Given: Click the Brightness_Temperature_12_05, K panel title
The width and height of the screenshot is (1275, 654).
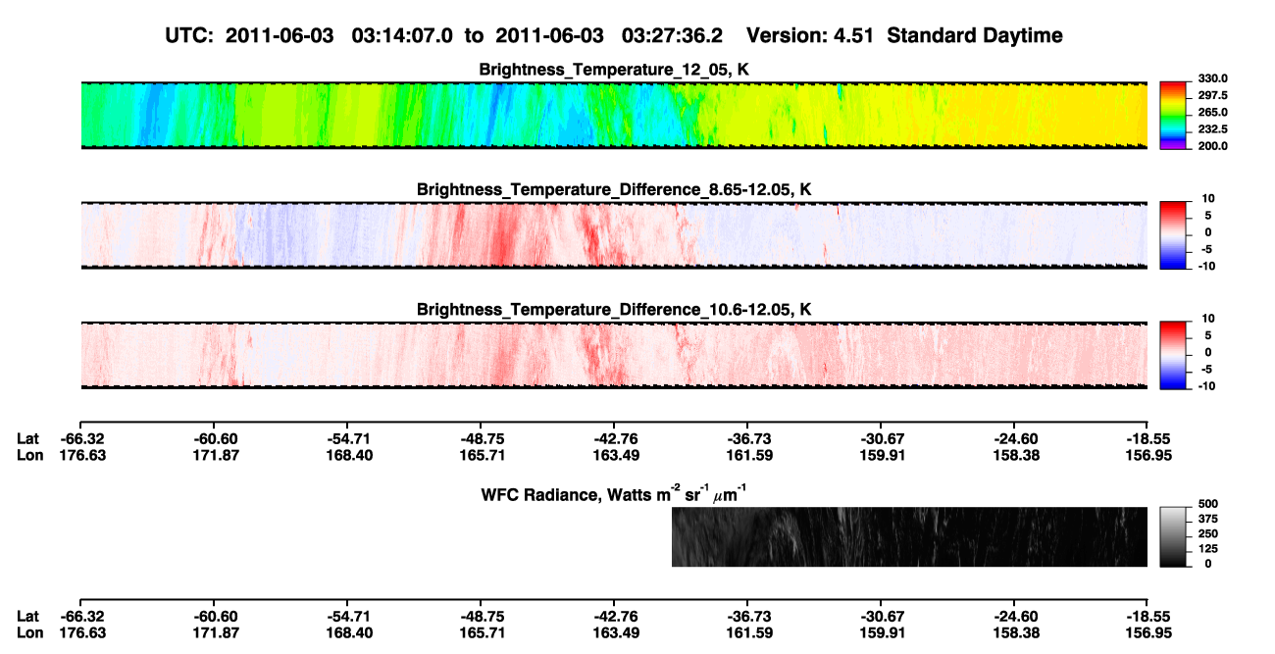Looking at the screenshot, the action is [614, 70].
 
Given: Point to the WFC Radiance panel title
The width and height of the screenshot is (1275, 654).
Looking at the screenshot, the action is [613, 494].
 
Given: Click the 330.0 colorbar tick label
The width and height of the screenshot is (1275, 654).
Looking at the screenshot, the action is [1212, 78].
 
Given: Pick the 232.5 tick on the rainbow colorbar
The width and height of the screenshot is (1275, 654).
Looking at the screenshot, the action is [1212, 129].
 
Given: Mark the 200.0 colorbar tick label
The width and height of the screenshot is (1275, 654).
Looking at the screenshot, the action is [1212, 146].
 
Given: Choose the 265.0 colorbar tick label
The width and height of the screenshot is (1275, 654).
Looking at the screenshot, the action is [1212, 112].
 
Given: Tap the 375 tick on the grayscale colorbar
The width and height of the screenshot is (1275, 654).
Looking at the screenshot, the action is [1207, 519].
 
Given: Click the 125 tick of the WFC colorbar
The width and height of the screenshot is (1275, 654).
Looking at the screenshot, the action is [1207, 549].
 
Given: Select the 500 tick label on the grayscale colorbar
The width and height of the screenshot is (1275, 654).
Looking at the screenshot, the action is [1207, 504].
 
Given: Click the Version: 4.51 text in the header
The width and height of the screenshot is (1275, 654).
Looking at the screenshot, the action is [809, 35].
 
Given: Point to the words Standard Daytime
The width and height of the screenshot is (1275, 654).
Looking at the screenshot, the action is [975, 35].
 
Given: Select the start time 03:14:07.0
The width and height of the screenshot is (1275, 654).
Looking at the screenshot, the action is [402, 35].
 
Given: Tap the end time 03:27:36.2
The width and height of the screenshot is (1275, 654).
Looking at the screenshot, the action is [672, 35].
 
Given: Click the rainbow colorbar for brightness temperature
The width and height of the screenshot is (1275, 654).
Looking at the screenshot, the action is [1173, 116].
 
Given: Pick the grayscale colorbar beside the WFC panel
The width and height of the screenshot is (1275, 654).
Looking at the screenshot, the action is [1173, 536].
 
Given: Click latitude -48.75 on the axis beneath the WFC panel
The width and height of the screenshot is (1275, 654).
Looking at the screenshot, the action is [483, 617].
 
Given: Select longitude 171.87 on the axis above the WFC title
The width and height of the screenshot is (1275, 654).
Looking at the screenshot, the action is [216, 455].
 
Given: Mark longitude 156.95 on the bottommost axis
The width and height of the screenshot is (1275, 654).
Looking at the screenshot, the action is [1148, 633].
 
